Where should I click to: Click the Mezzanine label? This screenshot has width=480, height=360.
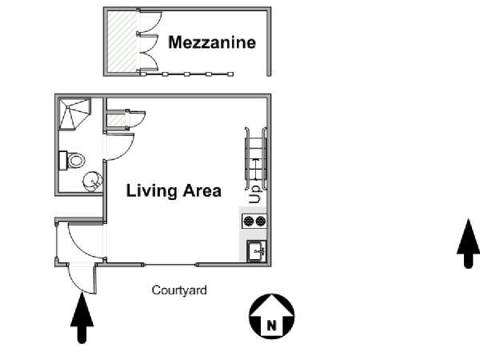pyautogui.click(x=212, y=42)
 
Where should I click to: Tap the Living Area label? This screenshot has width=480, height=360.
pyautogui.click(x=174, y=190)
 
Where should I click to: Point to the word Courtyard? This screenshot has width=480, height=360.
pyautogui.click(x=179, y=290)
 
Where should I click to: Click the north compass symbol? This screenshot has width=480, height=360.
pyautogui.click(x=271, y=316)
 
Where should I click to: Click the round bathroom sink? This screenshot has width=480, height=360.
pyautogui.click(x=92, y=182)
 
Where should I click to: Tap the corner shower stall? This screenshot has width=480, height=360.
pyautogui.click(x=74, y=114)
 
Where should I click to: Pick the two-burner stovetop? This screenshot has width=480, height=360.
pyautogui.click(x=254, y=221)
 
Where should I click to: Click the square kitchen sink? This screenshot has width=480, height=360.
pyautogui.click(x=257, y=251)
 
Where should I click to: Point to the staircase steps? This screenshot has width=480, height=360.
pyautogui.click(x=256, y=158)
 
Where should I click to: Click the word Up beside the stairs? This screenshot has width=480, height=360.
pyautogui.click(x=254, y=194)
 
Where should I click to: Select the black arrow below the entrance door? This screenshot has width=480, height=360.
pyautogui.click(x=82, y=318)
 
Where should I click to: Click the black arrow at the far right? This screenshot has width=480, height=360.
pyautogui.click(x=468, y=243)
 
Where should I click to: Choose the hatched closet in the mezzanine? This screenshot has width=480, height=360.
pyautogui.click(x=122, y=41)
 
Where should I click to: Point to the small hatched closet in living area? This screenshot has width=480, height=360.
pyautogui.click(x=116, y=118)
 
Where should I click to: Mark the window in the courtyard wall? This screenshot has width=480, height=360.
pyautogui.click(x=170, y=265)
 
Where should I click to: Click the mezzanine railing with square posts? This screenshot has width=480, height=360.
pyautogui.click(x=186, y=74)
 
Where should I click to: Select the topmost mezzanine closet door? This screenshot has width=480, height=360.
pyautogui.click(x=150, y=22)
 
